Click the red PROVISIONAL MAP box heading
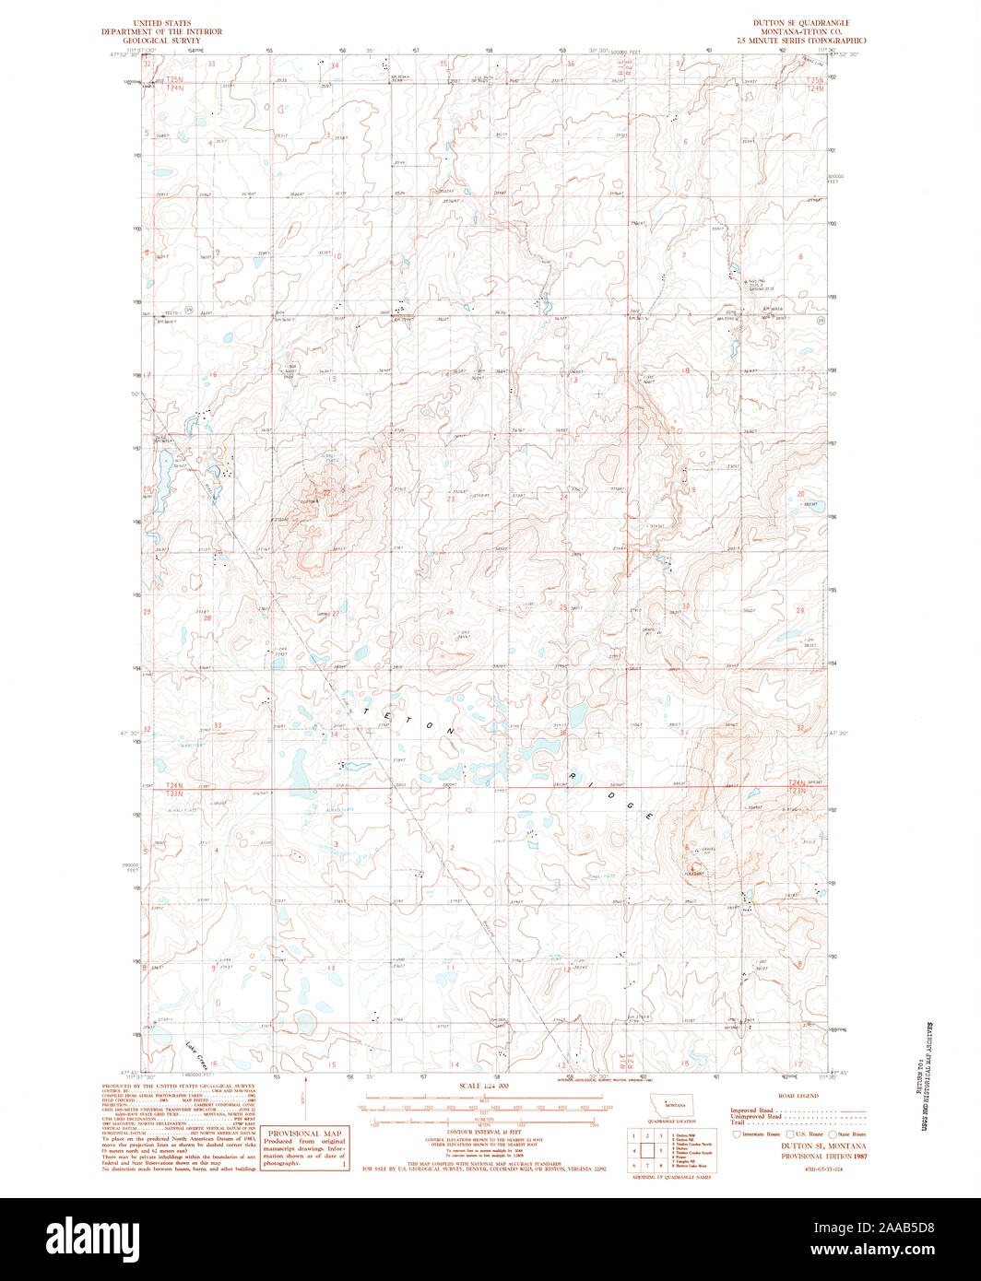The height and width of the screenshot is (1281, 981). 304,1134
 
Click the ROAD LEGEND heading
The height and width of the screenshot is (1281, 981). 798,1097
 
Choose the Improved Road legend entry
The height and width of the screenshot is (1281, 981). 751,1111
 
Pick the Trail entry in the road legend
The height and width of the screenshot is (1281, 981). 738,1122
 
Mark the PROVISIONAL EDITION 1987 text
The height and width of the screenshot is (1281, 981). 824,1155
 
